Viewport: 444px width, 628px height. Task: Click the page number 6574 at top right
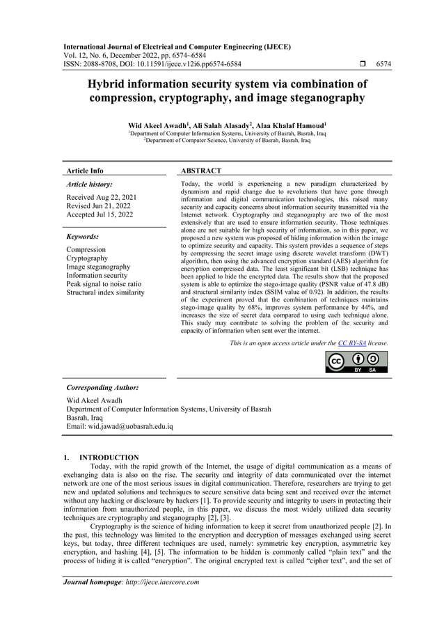pyautogui.click(x=383, y=64)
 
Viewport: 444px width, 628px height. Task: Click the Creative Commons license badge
pyautogui.click(x=356, y=362)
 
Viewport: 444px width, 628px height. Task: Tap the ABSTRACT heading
pyautogui.click(x=201, y=171)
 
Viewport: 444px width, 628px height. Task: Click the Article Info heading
pyautogui.click(x=84, y=171)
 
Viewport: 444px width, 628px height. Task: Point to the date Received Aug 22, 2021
pyautogui.click(x=102, y=198)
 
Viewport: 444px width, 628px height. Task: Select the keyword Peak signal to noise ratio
pyautogui.click(x=104, y=284)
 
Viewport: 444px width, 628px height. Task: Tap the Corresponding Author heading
pyautogui.click(x=102, y=387)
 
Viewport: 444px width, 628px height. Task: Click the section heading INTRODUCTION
pyautogui.click(x=109, y=457)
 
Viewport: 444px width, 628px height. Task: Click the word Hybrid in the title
pyautogui.click(x=111, y=84)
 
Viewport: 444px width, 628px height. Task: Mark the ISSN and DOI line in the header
pyautogui.click(x=152, y=64)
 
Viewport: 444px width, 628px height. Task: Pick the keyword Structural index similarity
pyautogui.click(x=105, y=292)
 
